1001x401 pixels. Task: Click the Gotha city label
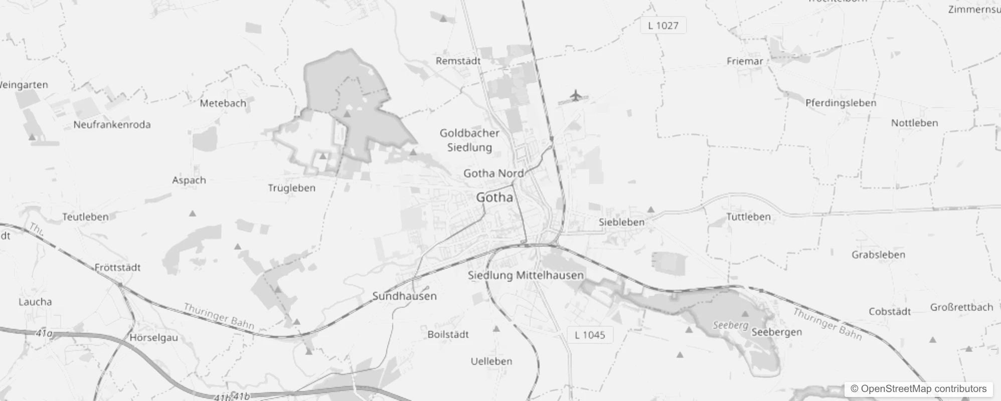[494, 197]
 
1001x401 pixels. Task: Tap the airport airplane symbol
[576, 95]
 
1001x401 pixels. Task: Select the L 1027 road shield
[663, 26]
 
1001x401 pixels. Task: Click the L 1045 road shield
[590, 335]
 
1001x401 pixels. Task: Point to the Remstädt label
[458, 61]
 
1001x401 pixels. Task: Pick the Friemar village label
[744, 61]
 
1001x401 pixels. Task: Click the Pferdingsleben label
[841, 103]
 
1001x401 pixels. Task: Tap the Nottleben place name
[914, 123]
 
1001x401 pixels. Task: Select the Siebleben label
[621, 222]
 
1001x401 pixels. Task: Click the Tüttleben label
[748, 217]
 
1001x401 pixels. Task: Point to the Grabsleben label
[878, 255]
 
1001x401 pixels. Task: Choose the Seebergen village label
[776, 332]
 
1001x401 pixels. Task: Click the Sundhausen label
[404, 296]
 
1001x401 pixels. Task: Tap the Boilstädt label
[448, 334]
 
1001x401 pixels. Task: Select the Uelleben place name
[491, 361]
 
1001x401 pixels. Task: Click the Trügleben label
[291, 188]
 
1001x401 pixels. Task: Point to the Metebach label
[223, 103]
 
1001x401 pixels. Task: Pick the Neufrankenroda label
[112, 124]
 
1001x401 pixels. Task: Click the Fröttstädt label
[117, 267]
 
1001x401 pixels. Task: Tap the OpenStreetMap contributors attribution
[918, 389]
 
